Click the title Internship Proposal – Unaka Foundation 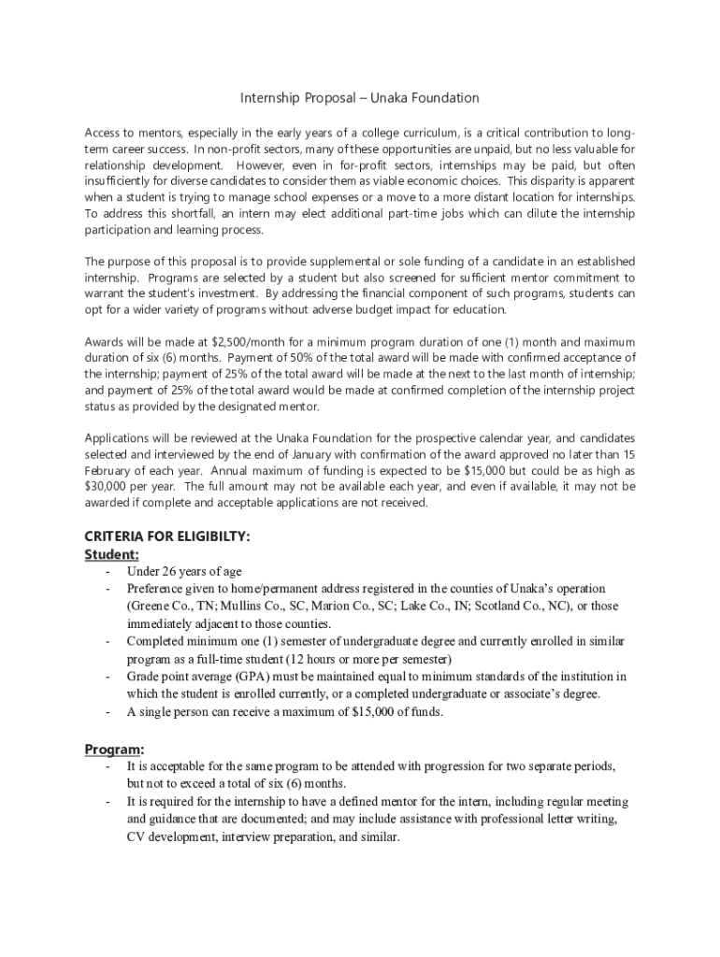(x=360, y=98)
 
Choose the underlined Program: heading (x=114, y=750)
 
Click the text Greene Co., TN (x=171, y=606)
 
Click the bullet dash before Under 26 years (x=108, y=571)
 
